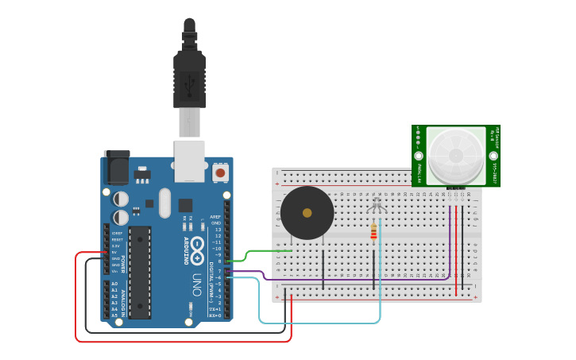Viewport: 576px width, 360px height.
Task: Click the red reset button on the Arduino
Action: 220,171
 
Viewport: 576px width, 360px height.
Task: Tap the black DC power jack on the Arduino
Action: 118,168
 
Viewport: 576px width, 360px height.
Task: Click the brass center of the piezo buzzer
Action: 307,213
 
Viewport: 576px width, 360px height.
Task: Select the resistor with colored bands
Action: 374,231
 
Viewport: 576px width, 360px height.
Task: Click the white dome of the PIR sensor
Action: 455,154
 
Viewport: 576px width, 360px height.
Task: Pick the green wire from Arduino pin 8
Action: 262,252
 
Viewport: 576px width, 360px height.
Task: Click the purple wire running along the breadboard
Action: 358,280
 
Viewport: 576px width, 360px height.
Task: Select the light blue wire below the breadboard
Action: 318,323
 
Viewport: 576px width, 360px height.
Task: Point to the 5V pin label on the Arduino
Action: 116,253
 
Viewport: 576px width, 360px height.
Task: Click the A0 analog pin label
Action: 115,284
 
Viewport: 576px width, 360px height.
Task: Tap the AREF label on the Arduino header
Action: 215,216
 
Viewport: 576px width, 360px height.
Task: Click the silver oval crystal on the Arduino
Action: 164,203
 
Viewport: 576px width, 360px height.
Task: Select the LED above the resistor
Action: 377,206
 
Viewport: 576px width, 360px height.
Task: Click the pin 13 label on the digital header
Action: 217,230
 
